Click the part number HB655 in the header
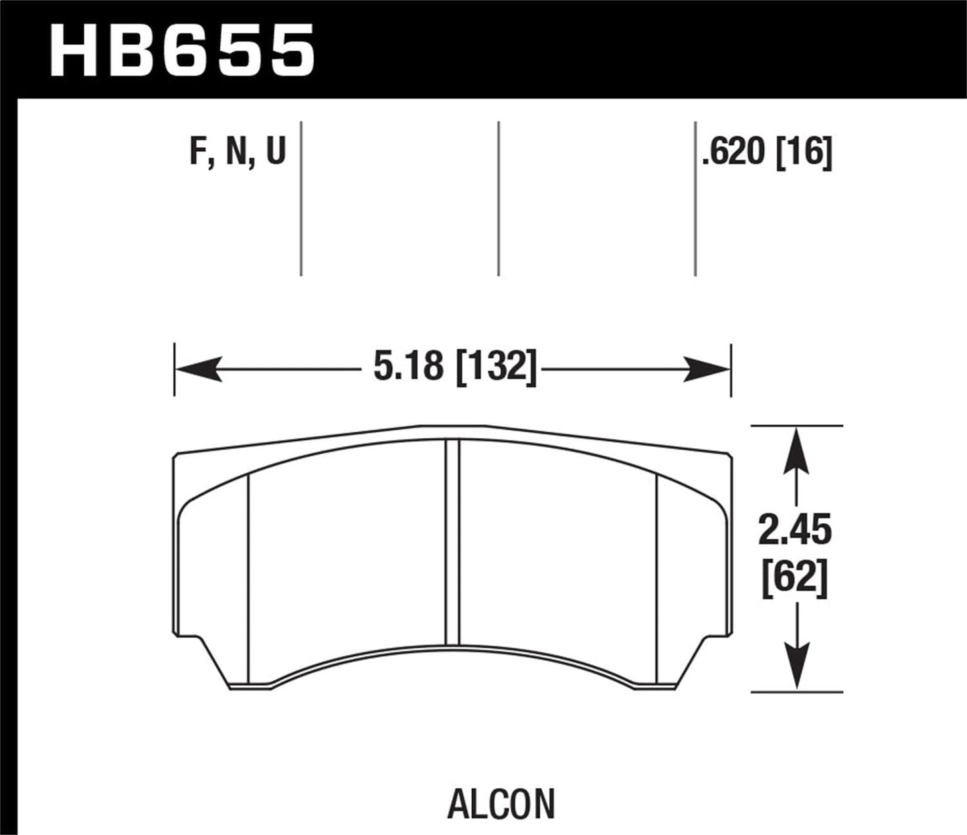click(182, 50)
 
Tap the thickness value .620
click(733, 153)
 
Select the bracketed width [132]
click(496, 367)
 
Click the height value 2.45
click(795, 531)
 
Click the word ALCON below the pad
click(501, 804)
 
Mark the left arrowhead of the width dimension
click(198, 369)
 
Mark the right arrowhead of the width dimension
click(707, 369)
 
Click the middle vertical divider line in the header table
click(499, 199)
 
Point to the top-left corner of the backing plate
click(177, 455)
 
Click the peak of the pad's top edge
click(452, 426)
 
